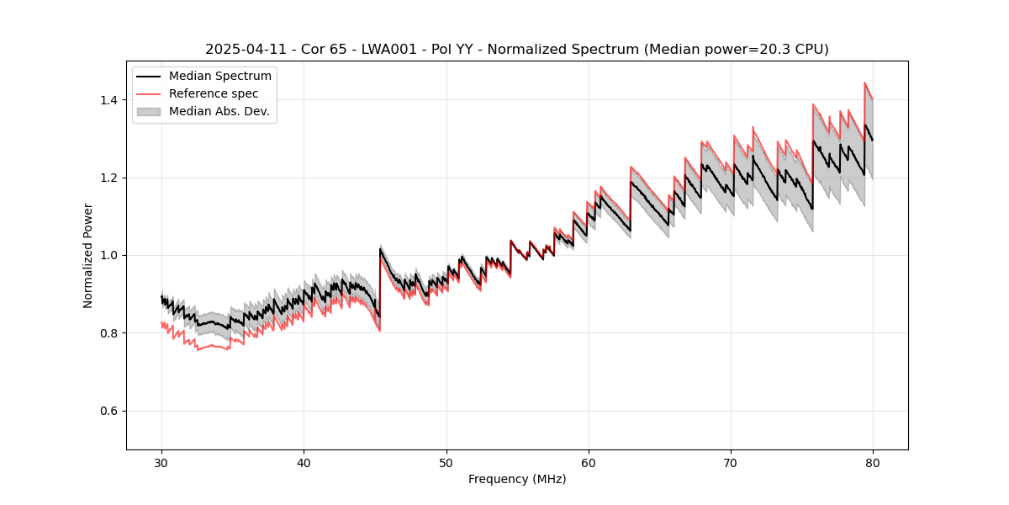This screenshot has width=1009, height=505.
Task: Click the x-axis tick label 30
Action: tap(162, 463)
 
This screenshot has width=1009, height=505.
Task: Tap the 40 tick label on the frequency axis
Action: tap(304, 463)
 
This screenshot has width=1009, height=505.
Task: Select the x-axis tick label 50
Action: tap(446, 463)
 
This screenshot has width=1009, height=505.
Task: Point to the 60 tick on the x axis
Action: tap(589, 463)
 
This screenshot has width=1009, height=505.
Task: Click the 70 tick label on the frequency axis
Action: tap(731, 463)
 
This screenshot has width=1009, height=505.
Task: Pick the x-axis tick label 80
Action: tap(873, 463)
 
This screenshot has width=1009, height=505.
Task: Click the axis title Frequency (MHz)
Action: tap(517, 479)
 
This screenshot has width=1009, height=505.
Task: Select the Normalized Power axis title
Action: tap(88, 255)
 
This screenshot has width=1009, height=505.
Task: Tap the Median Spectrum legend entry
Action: tap(219, 77)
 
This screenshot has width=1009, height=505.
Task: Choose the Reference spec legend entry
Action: tap(213, 93)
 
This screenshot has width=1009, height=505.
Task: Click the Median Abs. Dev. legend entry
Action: tap(219, 111)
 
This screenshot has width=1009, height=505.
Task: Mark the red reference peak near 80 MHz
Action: tap(865, 83)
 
